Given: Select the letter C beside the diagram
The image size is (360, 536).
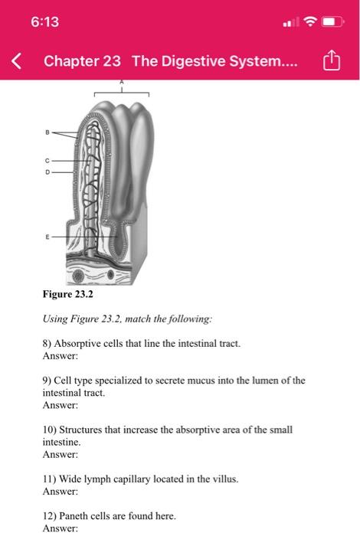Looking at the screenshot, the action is point(46,161).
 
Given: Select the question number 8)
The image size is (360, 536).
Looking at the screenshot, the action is point(47,345).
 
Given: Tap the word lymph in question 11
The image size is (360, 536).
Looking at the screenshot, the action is point(90,479).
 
